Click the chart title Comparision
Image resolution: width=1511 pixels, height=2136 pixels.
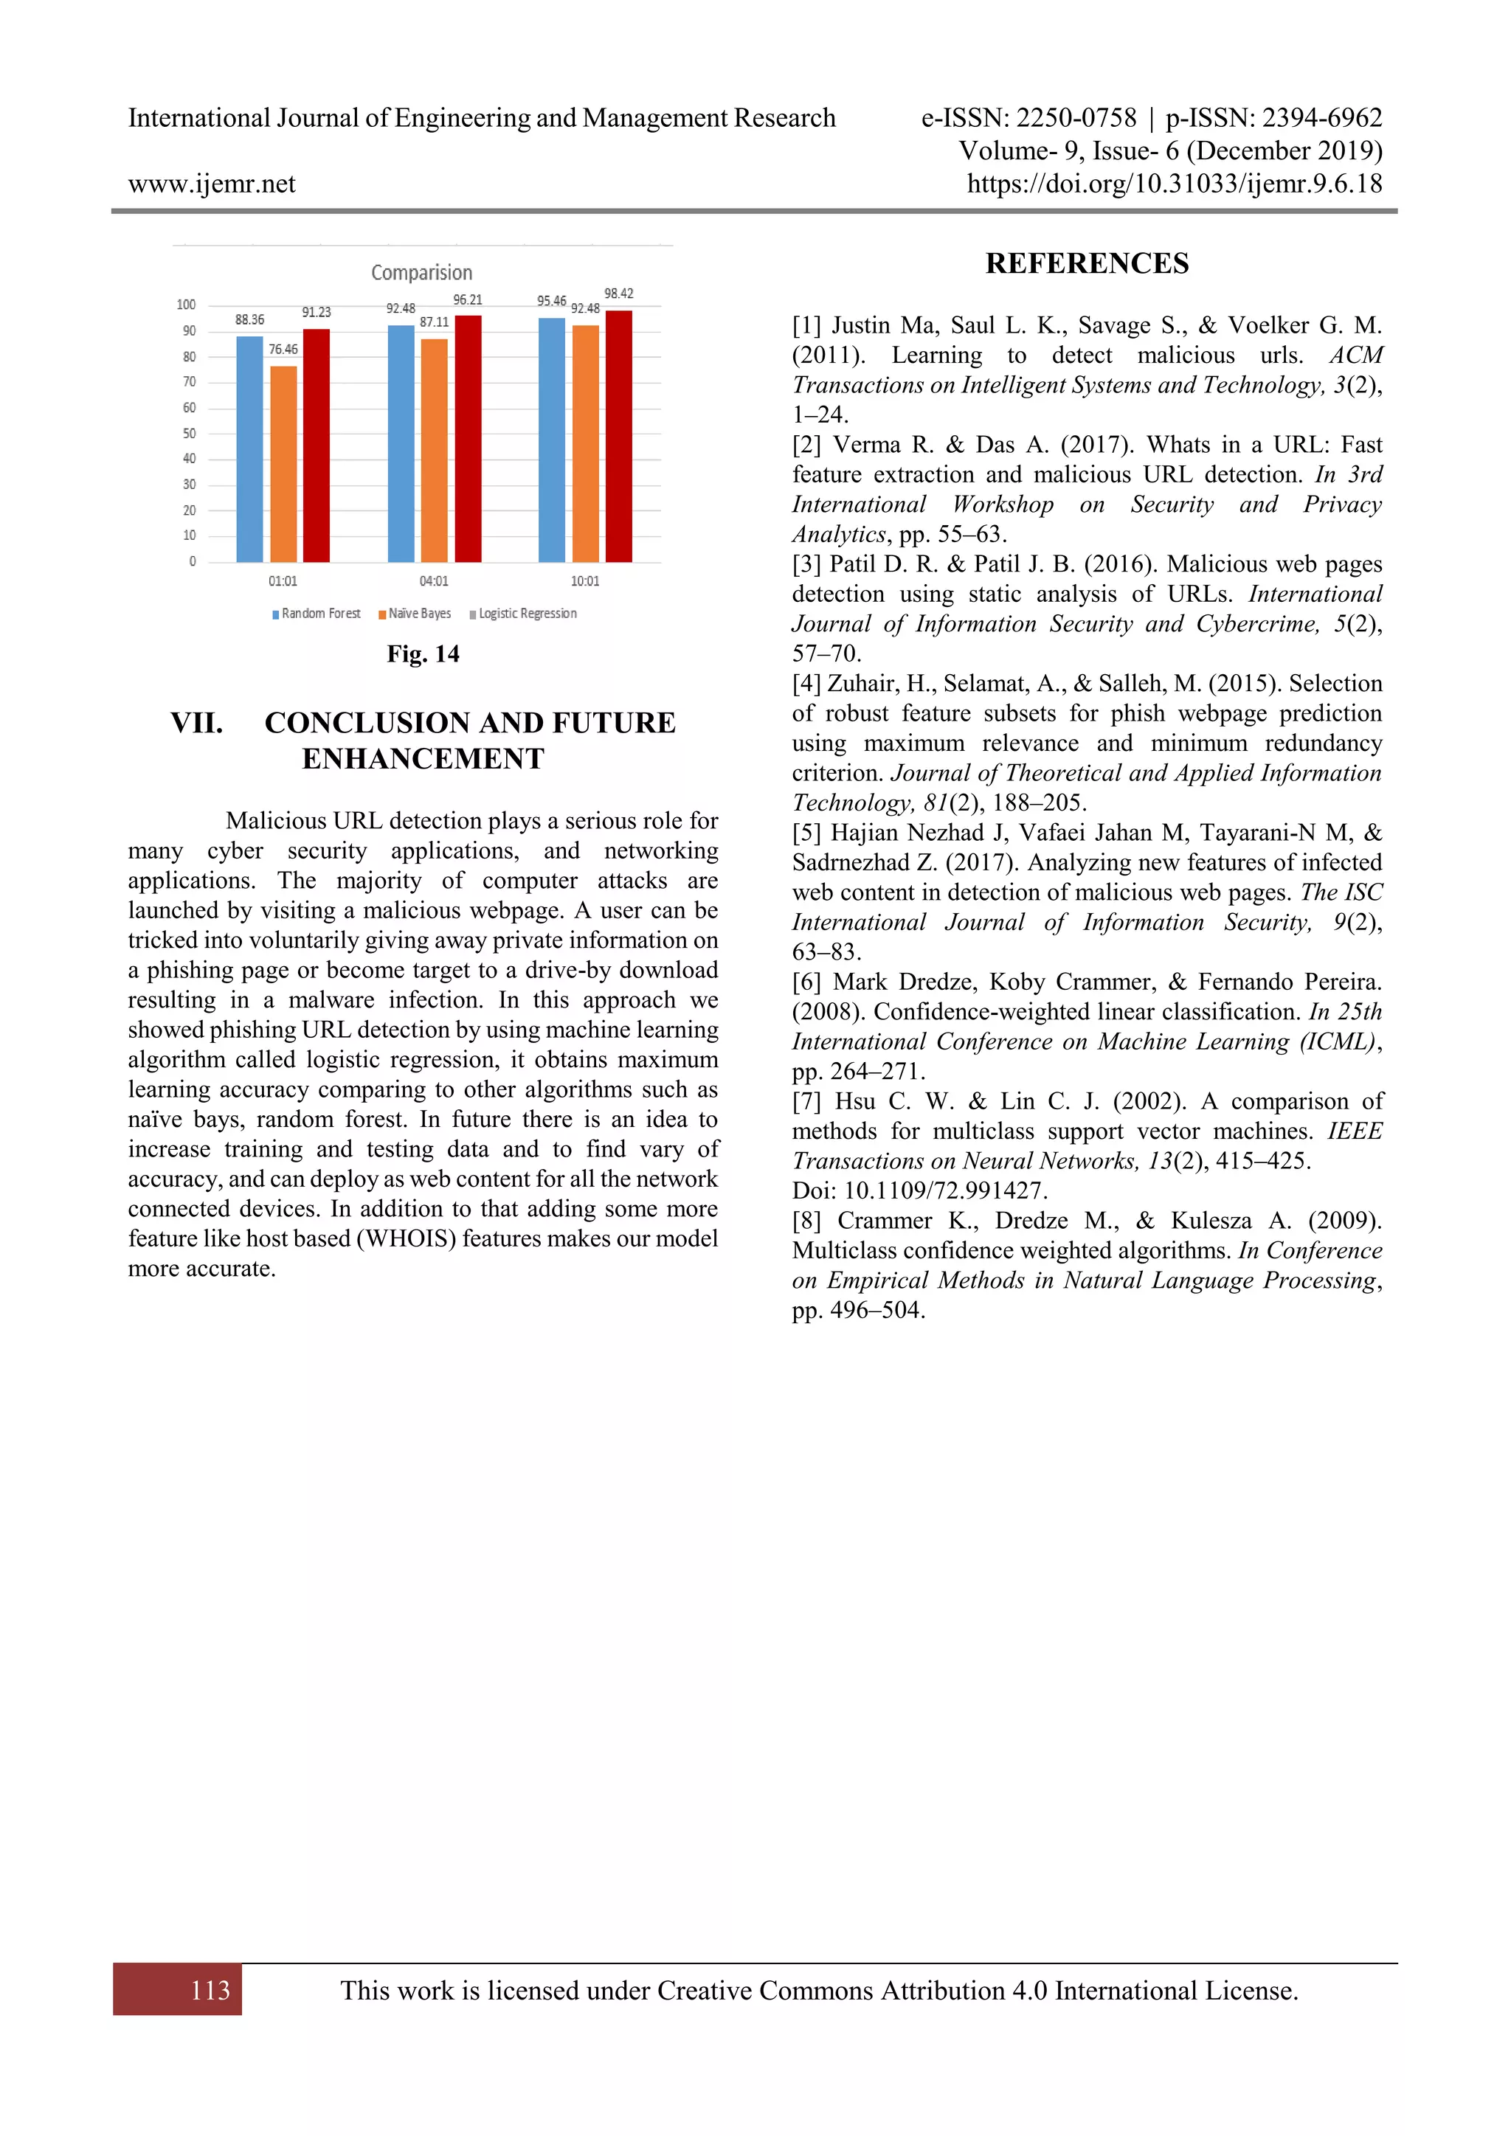(421, 273)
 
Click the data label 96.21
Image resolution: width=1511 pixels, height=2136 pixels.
(467, 299)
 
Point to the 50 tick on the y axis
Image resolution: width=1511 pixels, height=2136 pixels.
(190, 434)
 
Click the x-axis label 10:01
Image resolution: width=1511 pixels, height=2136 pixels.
(584, 581)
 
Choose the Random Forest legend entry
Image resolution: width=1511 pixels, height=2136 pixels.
(317, 614)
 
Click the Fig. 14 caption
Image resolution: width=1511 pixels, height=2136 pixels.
(423, 654)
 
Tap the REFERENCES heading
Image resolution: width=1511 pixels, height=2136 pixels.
(1087, 264)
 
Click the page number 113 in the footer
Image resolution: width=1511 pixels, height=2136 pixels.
(210, 1990)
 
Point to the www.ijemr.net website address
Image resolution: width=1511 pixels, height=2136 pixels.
(211, 184)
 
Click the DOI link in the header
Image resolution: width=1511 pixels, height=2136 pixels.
(1174, 184)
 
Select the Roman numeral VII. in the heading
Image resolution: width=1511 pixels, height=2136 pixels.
(196, 723)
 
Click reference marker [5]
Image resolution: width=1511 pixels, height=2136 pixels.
(806, 833)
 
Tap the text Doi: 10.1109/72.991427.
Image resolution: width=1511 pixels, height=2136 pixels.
(919, 1190)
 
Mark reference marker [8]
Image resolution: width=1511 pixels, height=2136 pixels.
(806, 1221)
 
